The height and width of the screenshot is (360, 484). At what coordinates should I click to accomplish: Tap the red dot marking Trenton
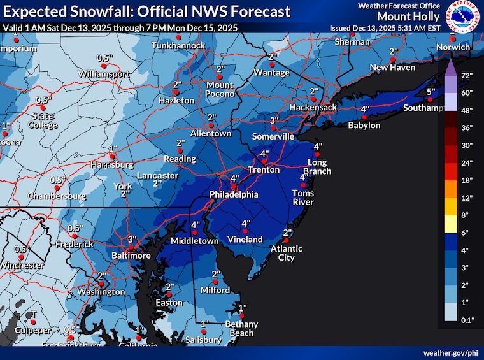[x=264, y=162]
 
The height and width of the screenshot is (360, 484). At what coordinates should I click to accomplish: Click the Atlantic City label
[x=286, y=253]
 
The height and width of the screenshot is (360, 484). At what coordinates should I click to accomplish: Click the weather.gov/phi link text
[x=450, y=352]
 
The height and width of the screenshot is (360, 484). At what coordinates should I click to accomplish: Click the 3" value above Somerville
[x=274, y=120]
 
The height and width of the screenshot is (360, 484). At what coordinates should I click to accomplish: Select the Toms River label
[x=303, y=198]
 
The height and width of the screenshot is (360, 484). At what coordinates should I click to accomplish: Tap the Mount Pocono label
[x=220, y=89]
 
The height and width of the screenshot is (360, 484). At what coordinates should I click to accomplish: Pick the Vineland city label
[x=245, y=240]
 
